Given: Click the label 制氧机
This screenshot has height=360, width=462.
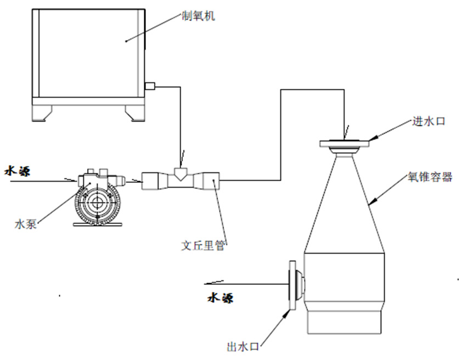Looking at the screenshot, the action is (x=198, y=16).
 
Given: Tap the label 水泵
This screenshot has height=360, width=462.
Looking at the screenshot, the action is (x=26, y=224).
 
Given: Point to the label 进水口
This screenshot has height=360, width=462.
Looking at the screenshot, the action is (x=429, y=121).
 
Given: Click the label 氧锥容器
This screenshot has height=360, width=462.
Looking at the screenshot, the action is (x=430, y=177).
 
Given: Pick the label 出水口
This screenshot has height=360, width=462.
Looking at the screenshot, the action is (x=243, y=346).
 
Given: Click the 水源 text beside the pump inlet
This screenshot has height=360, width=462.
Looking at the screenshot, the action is (x=18, y=171).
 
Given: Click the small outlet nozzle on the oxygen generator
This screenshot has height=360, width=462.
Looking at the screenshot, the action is (x=150, y=86).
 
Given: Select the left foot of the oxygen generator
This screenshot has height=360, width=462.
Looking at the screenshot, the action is (x=42, y=113).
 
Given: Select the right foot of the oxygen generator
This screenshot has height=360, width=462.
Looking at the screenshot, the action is (x=135, y=113).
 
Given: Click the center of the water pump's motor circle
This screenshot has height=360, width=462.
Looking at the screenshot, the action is (x=97, y=203).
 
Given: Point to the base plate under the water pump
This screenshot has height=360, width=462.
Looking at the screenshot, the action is (x=98, y=224).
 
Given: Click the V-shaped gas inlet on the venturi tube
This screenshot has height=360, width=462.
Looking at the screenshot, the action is (x=180, y=174).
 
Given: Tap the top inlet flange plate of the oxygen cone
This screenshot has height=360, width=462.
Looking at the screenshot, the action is (x=345, y=144).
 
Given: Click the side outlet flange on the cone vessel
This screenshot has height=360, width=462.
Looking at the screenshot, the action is (x=292, y=285).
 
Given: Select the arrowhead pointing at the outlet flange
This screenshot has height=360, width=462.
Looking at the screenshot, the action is (x=286, y=314).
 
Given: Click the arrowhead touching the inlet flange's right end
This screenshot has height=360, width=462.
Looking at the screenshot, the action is (x=373, y=137).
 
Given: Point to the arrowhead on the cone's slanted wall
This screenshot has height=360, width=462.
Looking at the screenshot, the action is (x=372, y=201).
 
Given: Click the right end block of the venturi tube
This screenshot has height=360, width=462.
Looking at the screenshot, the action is (x=211, y=181).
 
